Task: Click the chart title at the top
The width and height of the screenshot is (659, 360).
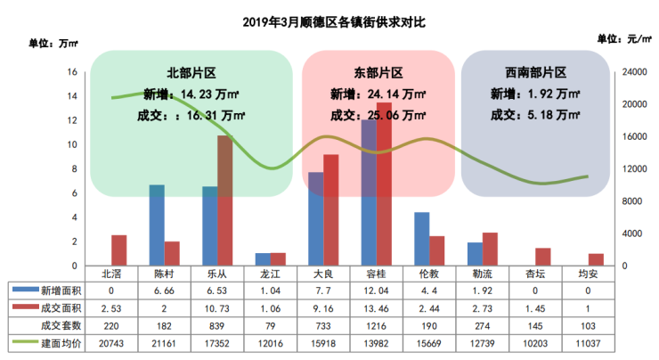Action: pos(334,22)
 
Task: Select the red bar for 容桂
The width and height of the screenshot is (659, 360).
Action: pos(384,184)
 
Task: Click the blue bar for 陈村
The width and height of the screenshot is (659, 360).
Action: pos(157,225)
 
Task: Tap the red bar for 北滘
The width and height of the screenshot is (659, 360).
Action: pos(119,250)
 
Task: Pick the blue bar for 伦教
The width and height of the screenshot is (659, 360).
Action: pos(422,239)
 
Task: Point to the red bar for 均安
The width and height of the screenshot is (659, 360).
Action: pos(596,259)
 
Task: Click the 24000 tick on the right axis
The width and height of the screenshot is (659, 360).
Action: pos(635,72)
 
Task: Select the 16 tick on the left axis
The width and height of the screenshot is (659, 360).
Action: pos(72,72)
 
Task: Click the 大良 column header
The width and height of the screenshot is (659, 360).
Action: pos(323,274)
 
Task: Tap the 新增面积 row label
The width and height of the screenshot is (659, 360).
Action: pos(61,290)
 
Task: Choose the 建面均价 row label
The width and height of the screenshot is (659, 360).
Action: pos(61,344)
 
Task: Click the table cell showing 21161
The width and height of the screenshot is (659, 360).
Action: pos(164,344)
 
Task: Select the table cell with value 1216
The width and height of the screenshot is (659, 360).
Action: pos(376,326)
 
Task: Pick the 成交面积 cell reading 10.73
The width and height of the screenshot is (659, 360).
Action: pos(217,308)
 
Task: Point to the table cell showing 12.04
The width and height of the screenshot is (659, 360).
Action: pos(376,290)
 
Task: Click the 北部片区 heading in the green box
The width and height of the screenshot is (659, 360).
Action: pos(191,73)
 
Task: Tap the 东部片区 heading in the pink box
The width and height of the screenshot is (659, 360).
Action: pos(378,73)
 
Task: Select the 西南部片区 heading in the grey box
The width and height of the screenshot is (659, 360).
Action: pos(535,73)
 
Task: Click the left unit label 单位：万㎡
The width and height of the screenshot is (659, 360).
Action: pos(53,44)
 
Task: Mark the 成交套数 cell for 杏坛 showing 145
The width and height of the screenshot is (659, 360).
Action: pos(535,326)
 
